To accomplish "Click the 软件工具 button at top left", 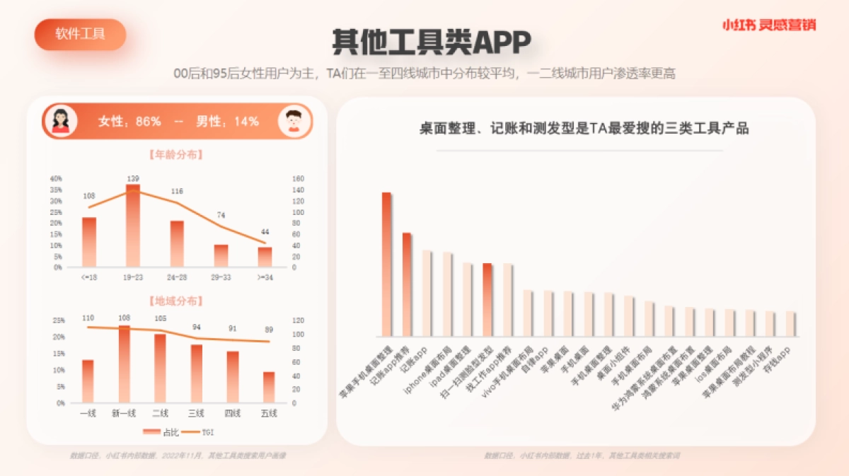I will [x=80, y=34].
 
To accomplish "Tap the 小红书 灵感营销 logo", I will [x=768, y=25].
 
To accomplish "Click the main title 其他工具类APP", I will [x=432, y=42].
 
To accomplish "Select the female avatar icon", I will [x=61, y=120].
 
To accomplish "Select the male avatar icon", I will [x=294, y=120].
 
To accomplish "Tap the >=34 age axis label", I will [x=265, y=278].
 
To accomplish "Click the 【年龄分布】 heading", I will [x=177, y=155].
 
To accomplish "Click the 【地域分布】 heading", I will [x=177, y=301].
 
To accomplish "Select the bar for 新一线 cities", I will [x=125, y=364].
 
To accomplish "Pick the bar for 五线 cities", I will [x=269, y=387].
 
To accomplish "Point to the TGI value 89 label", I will [x=269, y=330].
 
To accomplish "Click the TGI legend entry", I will [x=201, y=431].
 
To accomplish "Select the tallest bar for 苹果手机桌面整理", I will [x=386, y=265].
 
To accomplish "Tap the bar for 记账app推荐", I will [x=407, y=284].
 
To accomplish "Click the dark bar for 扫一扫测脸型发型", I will [x=487, y=299].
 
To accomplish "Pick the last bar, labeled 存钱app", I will [x=790, y=323].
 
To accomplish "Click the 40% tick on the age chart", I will [x=56, y=179].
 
